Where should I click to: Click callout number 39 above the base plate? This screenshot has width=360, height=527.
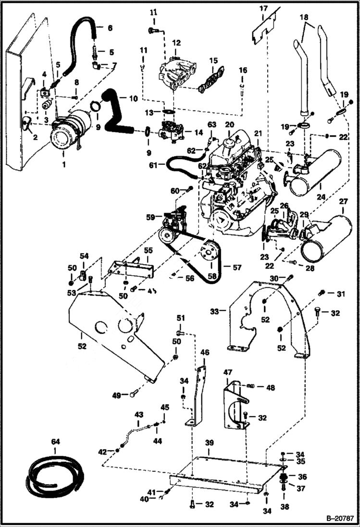[209, 442]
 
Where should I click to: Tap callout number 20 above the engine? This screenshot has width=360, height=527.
[230, 125]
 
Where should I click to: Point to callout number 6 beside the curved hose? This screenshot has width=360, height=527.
[110, 28]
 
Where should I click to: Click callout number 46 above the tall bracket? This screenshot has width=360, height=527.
[205, 352]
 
